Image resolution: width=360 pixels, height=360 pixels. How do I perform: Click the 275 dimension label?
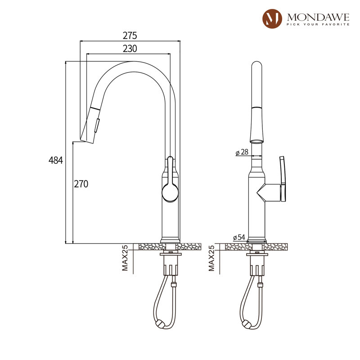[x=130, y=36]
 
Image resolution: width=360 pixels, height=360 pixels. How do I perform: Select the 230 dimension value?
[x=130, y=49]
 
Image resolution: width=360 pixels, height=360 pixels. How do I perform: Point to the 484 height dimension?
[x=55, y=160]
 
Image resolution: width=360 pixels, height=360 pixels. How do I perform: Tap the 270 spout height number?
[x=81, y=184]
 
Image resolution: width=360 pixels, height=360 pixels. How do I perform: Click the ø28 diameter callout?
[x=242, y=152]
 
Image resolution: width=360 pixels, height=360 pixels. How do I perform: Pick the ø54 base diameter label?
[x=239, y=238]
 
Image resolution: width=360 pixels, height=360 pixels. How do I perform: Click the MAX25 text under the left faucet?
[x=125, y=258]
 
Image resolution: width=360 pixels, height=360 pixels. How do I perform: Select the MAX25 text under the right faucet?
[x=211, y=258]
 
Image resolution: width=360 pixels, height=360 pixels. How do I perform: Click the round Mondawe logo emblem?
[x=272, y=19]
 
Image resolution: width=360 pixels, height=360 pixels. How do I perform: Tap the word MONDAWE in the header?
[x=318, y=17]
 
